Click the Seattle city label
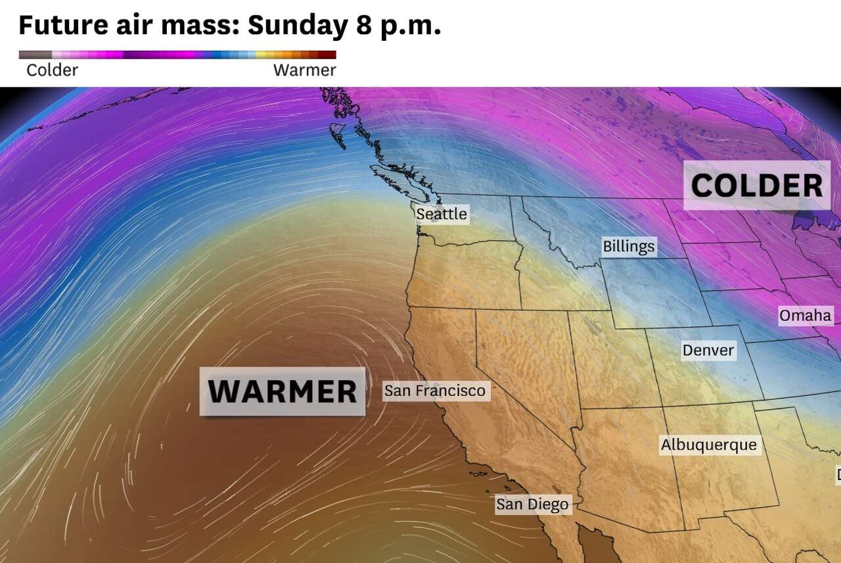coord(442,214)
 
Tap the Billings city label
coord(629,246)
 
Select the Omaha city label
coord(805,316)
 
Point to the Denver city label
coord(708,350)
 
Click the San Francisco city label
coord(434,391)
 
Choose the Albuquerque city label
coord(708,445)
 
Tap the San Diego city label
coord(532,504)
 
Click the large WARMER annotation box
coord(283,391)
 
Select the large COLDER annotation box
coord(756,185)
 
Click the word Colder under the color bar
coord(52,70)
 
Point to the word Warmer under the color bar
coord(304,70)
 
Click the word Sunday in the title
coord(297,26)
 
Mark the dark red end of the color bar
coord(330,55)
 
